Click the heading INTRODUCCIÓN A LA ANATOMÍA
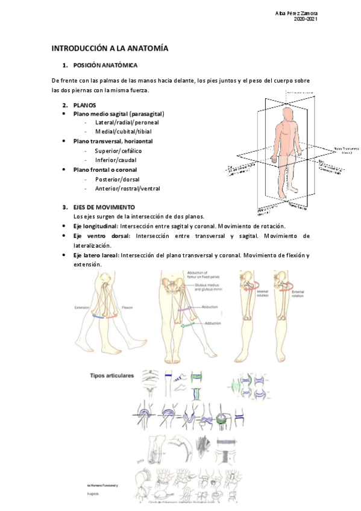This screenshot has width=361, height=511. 110,48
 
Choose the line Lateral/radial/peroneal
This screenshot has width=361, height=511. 125,122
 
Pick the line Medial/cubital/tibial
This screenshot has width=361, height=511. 124,131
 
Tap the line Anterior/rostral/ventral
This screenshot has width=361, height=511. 127,189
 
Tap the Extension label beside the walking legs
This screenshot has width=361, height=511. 82,307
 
